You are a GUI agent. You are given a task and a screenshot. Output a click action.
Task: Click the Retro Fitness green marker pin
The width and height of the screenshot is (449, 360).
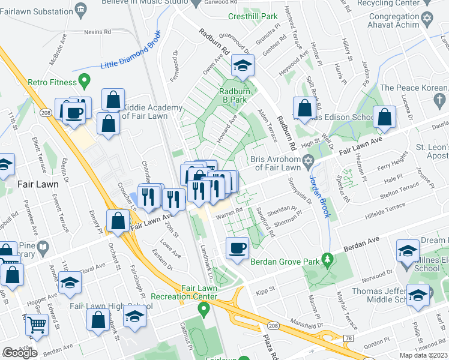[x=85, y=80]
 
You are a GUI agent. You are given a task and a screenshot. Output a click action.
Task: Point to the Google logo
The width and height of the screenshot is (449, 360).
[x=20, y=352]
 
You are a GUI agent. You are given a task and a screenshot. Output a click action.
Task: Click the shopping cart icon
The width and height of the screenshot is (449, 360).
[x=37, y=326]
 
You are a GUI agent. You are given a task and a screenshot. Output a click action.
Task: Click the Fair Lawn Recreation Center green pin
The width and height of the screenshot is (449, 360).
[x=203, y=309]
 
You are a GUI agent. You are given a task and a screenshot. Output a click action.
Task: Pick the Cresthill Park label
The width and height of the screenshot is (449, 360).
[x=256, y=16]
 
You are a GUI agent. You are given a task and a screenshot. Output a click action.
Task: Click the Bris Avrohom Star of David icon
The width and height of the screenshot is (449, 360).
[x=309, y=161]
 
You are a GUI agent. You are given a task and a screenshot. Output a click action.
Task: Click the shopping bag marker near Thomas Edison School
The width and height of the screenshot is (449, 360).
[x=305, y=109]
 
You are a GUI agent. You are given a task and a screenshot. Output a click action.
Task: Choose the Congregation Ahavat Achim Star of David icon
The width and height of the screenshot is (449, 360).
[x=427, y=19]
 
